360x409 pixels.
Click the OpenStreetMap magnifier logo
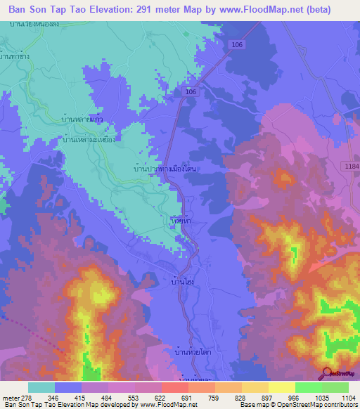pyautogui.click(x=327, y=373)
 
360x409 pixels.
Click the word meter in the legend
pyautogui.click(x=10, y=397)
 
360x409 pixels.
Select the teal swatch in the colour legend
pyautogui.click(x=41, y=387)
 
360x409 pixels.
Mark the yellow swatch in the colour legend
pyautogui.click(x=281, y=387)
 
